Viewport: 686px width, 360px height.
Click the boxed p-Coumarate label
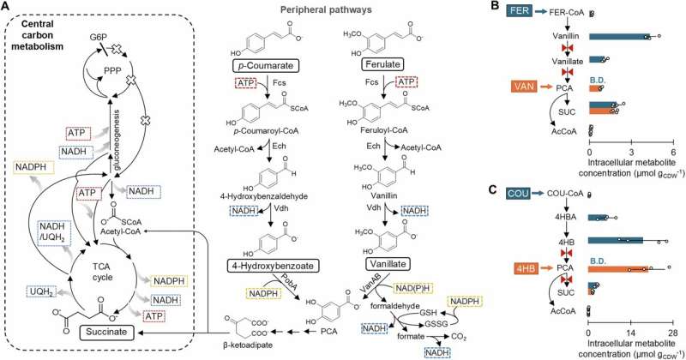coord(270,66)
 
